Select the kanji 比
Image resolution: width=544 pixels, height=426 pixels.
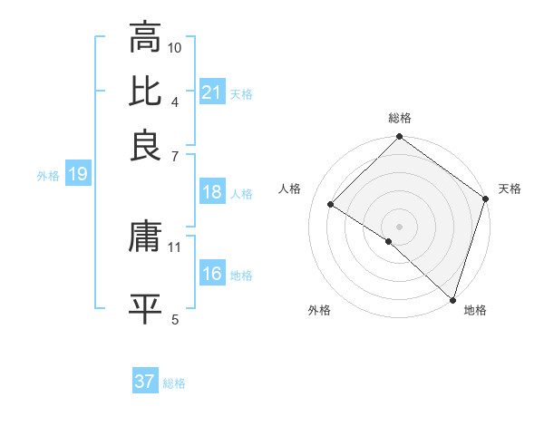pyautogui.click(x=145, y=92)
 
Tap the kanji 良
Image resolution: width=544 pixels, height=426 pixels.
pyautogui.click(x=145, y=145)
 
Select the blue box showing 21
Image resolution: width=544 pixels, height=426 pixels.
pyautogui.click(x=212, y=92)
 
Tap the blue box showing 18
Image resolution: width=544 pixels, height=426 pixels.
pyautogui.click(x=212, y=192)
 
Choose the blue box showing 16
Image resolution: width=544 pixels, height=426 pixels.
pyautogui.click(x=212, y=274)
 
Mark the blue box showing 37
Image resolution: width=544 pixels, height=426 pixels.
pyautogui.click(x=145, y=382)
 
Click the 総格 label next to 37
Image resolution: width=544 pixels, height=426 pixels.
pyautogui.click(x=175, y=383)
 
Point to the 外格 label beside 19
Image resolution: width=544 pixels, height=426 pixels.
pyautogui.click(x=48, y=176)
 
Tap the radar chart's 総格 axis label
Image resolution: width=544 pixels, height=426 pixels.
pyautogui.click(x=399, y=118)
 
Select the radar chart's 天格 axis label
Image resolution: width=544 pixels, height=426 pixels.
pyautogui.click(x=510, y=189)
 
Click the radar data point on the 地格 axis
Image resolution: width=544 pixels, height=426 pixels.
pyautogui.click(x=452, y=298)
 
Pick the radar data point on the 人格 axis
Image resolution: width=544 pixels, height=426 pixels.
pyautogui.click(x=331, y=205)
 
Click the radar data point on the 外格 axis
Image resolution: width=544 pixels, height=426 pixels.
pyautogui.click(x=389, y=241)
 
